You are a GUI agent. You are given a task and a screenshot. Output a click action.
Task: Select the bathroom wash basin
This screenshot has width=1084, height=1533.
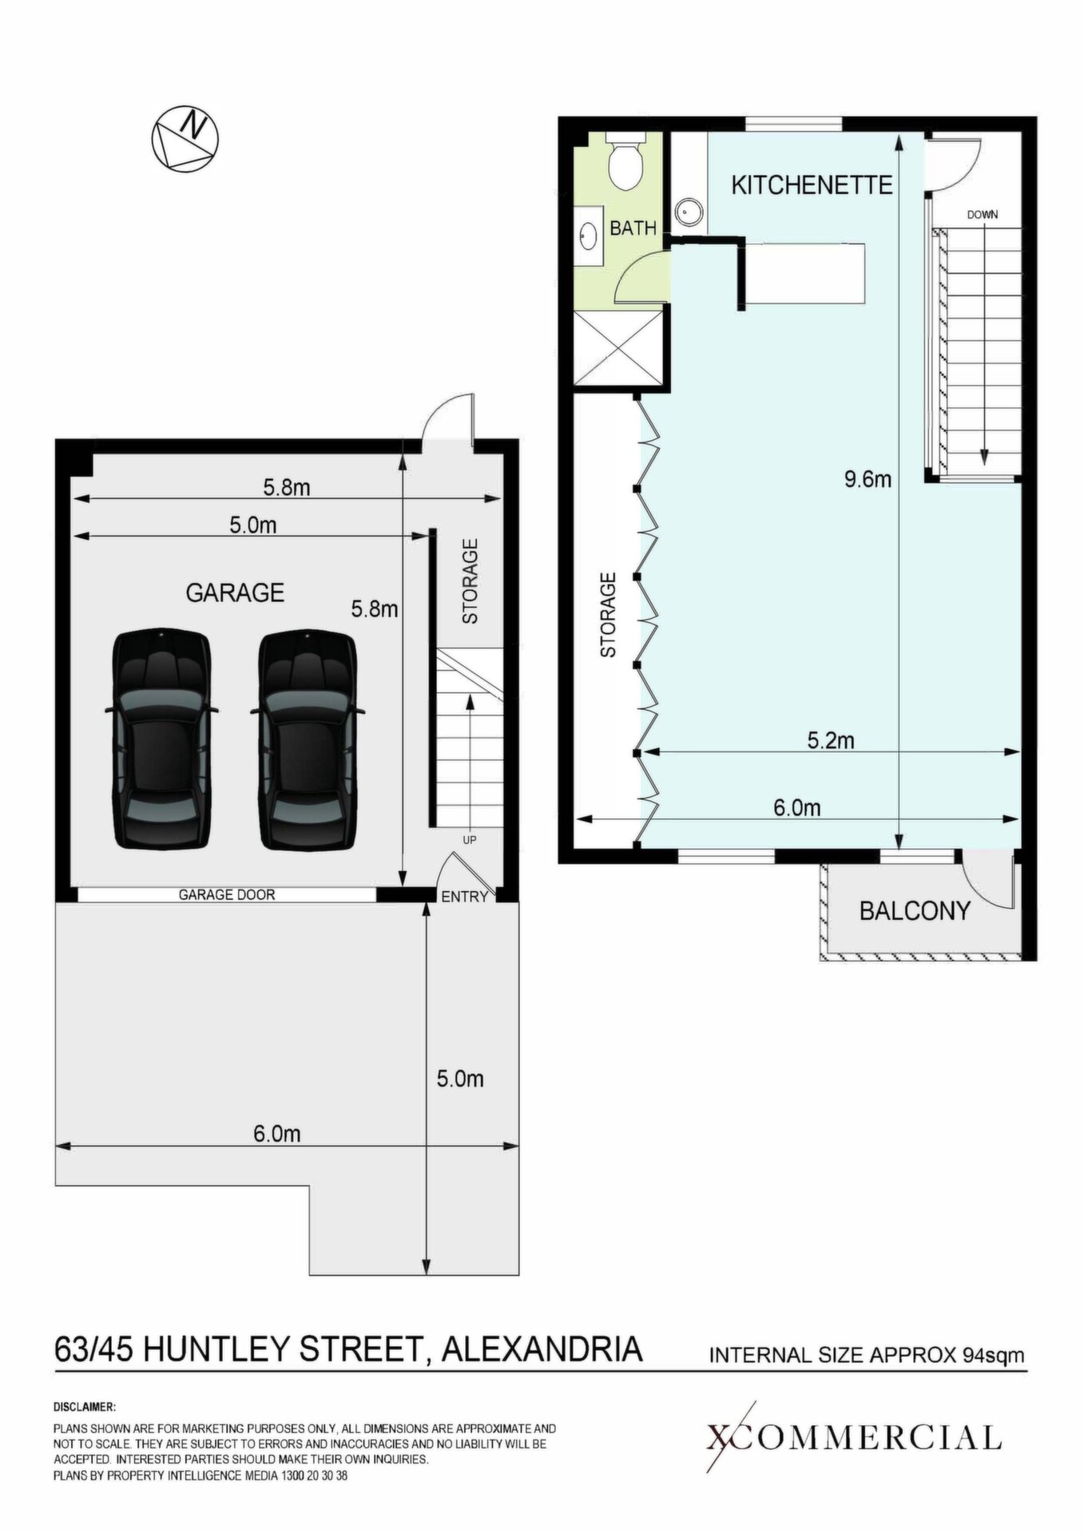[x=589, y=236]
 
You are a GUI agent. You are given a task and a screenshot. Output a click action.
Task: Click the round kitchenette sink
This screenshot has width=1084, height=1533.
[x=687, y=212]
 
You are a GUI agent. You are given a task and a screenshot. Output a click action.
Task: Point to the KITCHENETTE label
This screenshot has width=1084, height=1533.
[x=812, y=185]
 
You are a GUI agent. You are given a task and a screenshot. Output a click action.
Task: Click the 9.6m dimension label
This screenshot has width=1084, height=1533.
[x=868, y=479]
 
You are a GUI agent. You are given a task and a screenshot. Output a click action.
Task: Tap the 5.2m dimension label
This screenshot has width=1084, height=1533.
[x=831, y=740]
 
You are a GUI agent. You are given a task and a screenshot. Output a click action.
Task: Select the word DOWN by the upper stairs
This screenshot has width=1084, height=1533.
[x=982, y=215]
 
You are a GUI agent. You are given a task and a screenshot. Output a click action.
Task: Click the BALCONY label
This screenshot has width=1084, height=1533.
[x=915, y=910]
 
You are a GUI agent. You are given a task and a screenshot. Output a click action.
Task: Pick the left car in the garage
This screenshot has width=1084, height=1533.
[x=162, y=739]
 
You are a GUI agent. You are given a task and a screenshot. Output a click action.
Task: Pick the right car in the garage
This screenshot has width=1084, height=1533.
[x=308, y=739]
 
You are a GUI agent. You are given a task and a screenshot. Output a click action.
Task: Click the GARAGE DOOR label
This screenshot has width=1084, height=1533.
[x=226, y=895]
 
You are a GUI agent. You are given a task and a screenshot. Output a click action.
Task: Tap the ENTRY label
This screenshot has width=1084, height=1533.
[x=464, y=897]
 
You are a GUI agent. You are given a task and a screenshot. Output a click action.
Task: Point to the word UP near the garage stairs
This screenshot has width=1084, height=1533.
[x=470, y=840]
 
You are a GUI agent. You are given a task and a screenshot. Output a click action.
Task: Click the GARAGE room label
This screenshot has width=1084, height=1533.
[x=235, y=592]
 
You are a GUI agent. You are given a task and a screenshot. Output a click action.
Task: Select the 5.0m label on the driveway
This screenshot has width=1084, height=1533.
[x=460, y=1079]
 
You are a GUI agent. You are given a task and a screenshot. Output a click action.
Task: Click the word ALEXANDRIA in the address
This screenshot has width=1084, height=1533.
[x=542, y=1349]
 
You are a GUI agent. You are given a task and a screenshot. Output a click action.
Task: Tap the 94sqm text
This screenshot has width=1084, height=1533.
[x=994, y=1355]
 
